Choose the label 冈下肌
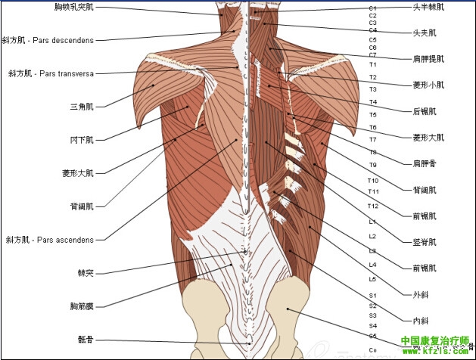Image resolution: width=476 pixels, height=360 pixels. pyautogui.click(x=82, y=139)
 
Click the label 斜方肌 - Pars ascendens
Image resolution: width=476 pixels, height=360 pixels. pyautogui.click(x=50, y=241)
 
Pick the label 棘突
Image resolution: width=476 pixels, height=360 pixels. pyautogui.click(x=86, y=273)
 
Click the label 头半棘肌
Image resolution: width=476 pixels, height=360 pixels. pyautogui.click(x=428, y=7)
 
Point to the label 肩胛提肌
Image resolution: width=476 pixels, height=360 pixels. pyautogui.click(x=428, y=57)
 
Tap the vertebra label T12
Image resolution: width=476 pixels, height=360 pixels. pyautogui.click(x=372, y=206)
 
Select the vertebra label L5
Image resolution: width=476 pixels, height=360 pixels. pyautogui.click(x=372, y=278)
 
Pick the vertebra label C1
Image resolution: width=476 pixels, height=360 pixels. pyautogui.click(x=372, y=8)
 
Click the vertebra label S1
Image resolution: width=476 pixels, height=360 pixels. pyautogui.click(x=372, y=295)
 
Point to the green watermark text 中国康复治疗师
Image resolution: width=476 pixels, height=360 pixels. pyautogui.click(x=434, y=340)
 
